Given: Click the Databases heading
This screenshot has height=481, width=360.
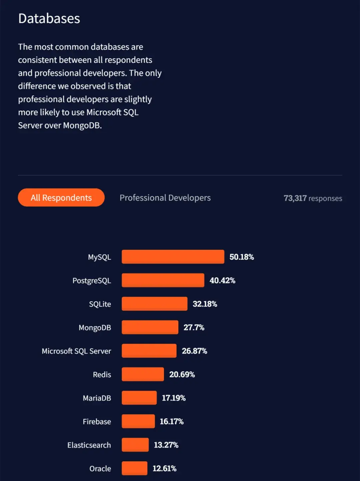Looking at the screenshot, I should tap(49, 19).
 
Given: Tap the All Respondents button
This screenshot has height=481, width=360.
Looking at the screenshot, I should tap(61, 198).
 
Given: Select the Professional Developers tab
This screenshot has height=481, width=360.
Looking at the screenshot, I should tap(165, 198).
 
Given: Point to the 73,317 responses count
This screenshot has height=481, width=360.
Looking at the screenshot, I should tap(313, 198).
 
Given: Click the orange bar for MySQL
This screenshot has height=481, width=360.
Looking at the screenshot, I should tap(173, 257).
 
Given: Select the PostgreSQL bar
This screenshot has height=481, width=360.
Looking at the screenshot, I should tap(163, 280).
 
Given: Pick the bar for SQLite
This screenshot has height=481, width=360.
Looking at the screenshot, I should tap(154, 304).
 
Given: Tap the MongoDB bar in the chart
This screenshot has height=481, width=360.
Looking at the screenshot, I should tap(150, 327).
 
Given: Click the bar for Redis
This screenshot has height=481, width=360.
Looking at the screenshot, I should tap(143, 374).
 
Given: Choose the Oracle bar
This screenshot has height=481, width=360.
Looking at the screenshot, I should tap(134, 468).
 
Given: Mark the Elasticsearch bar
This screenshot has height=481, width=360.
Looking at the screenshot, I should tap(135, 445).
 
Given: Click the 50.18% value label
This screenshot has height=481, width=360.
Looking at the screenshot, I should tap(242, 257).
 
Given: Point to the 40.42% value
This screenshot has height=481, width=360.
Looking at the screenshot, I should tap(222, 280).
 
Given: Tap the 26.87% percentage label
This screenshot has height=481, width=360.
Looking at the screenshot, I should tap(194, 351).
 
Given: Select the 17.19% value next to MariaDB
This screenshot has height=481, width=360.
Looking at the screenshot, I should tap(174, 398).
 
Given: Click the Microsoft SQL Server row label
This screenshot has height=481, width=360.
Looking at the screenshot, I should tap(76, 351).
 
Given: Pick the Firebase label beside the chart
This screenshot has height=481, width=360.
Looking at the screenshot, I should tap(97, 422).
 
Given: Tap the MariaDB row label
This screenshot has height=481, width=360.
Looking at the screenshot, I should tap(97, 398).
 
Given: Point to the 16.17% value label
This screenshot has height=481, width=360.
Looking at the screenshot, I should tap(172, 422).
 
